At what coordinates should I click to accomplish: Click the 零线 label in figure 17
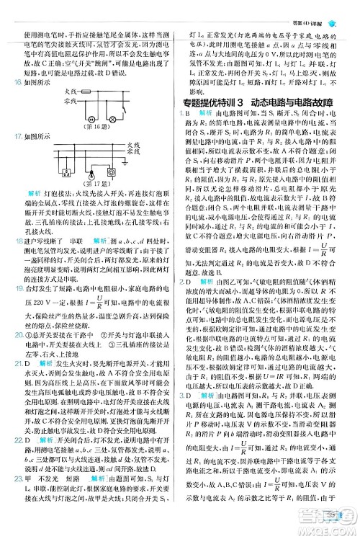(135, 153)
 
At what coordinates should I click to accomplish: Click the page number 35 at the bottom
(332, 512)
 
